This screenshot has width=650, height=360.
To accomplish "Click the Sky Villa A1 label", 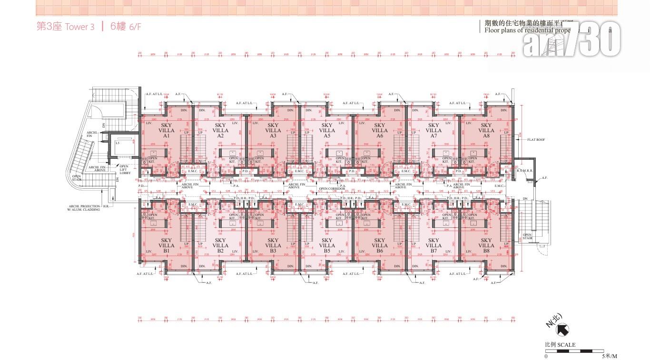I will pos(167,130).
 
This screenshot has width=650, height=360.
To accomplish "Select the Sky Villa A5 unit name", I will pos(327,130).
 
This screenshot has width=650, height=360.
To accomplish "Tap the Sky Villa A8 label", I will pos(486,130).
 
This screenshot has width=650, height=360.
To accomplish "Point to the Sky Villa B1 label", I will pos(167,245).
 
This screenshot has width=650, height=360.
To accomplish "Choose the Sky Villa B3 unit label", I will pos(273,245).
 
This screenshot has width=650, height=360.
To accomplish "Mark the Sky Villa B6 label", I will pos(380,245).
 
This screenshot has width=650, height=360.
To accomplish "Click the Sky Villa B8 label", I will pos(486,245).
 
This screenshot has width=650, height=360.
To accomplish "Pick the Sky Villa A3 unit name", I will pos(273,130).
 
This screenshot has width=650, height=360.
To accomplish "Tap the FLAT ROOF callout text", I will pos(536,140).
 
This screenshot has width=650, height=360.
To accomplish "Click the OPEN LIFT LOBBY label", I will pos(125,170).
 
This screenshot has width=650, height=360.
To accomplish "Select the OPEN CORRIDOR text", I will pos(332,189).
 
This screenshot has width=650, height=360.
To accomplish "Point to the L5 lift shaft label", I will pos(118,143).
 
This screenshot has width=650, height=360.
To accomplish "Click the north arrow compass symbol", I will pos(562,329).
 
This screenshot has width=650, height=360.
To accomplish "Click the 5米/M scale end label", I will pos(610,356).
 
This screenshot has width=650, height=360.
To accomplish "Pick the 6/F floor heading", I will pos(126,27).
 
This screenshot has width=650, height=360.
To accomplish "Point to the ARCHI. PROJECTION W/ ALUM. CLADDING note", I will pos(84,208).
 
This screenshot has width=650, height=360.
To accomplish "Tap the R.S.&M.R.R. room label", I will pos(525,170).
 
